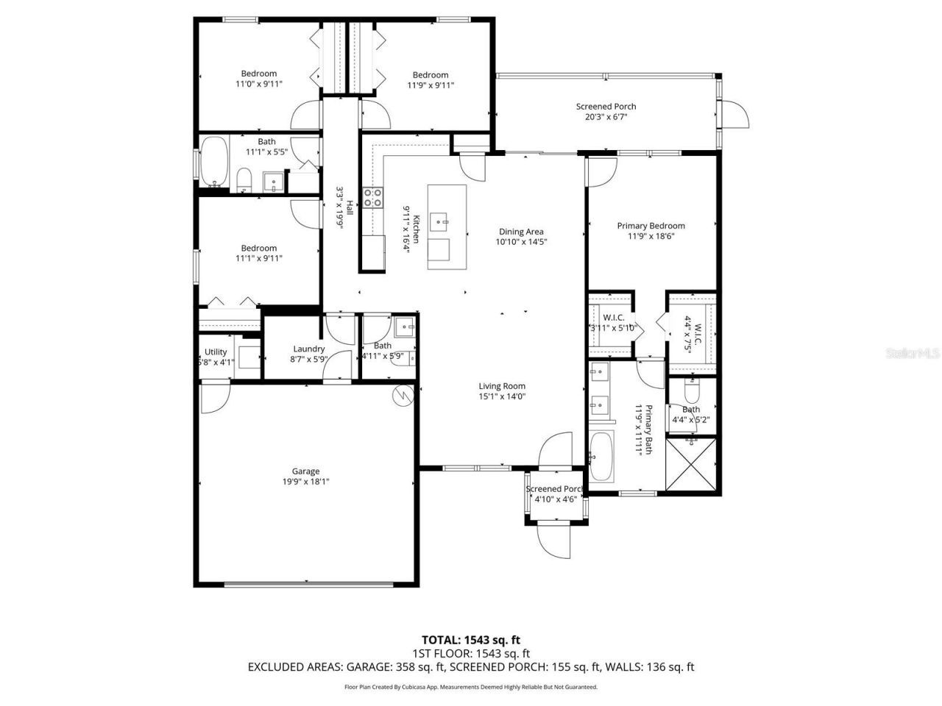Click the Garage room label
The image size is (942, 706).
(x=305, y=471)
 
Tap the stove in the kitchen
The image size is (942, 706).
(x=372, y=197)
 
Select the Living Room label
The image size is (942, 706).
(x=502, y=386)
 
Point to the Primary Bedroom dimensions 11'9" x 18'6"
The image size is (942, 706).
(x=651, y=236)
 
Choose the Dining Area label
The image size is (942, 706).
(x=521, y=232)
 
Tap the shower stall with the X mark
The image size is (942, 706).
(x=690, y=463)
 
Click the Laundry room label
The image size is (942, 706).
(x=308, y=349)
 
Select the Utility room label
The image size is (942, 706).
(x=216, y=352)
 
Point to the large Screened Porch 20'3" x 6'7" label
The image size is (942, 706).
(x=606, y=107)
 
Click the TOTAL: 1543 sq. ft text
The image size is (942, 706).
(x=470, y=640)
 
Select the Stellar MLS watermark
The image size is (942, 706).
(x=913, y=354)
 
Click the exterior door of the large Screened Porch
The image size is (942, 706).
(x=734, y=115)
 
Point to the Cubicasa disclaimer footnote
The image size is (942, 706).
(x=471, y=687)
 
